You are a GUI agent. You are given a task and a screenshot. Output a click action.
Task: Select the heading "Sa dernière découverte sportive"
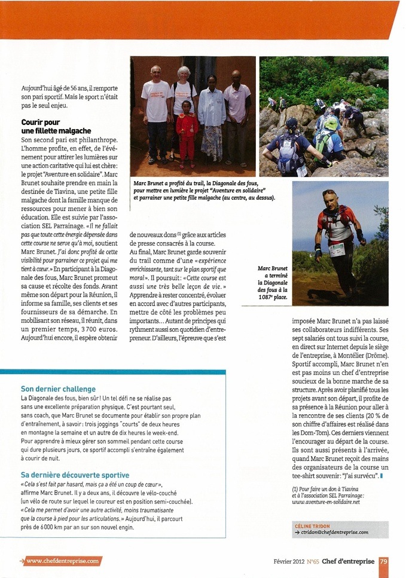pos(74,474)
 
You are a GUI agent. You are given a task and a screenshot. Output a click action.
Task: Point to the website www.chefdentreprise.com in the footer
pos(63,561)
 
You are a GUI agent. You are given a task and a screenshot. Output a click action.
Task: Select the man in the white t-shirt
pos(157,114)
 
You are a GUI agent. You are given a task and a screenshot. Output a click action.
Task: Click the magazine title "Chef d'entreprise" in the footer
pos(349,561)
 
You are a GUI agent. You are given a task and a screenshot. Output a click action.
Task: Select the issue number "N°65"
pos(313,561)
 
